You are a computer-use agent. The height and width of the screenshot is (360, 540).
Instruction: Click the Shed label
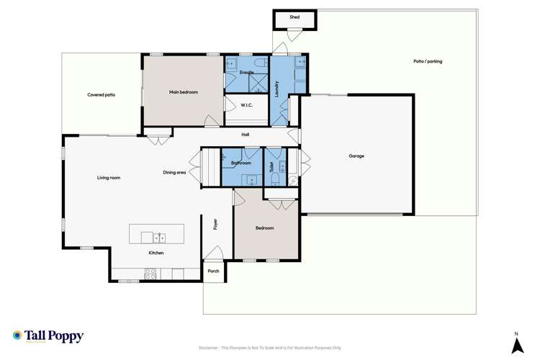tap(294, 17)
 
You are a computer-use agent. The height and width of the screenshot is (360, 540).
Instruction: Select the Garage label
tap(356, 156)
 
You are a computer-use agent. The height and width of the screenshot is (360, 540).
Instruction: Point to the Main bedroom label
tap(184, 92)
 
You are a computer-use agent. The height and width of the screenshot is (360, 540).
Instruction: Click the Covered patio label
tap(102, 94)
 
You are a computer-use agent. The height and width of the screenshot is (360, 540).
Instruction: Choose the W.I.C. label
tap(246, 105)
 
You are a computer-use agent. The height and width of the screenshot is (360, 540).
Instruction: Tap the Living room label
tap(109, 177)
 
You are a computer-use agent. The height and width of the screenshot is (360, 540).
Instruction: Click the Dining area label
tap(175, 172)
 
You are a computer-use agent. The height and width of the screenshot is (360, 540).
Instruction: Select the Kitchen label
tap(156, 253)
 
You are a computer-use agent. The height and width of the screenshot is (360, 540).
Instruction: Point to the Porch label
tap(214, 271)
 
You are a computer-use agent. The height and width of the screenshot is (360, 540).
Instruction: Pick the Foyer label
tap(215, 224)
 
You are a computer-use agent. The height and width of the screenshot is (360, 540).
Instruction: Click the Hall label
tap(246, 134)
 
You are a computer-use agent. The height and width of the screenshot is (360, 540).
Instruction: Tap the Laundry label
tap(277, 88)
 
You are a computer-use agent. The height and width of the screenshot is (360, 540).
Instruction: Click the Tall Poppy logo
tap(48, 336)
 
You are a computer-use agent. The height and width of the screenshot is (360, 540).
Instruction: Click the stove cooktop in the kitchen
tap(151, 273)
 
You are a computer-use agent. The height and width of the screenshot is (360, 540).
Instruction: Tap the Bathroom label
tap(240, 163)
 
